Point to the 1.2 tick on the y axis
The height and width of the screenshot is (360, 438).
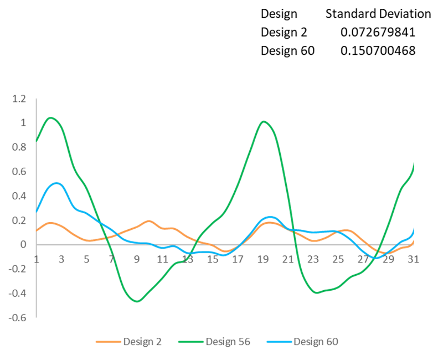pyautogui.click(x=19, y=99)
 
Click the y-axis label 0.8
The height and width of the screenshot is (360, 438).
pyautogui.click(x=19, y=147)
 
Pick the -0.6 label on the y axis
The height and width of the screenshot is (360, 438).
pyautogui.click(x=17, y=317)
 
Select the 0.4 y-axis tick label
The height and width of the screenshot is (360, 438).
pyautogui.click(x=19, y=196)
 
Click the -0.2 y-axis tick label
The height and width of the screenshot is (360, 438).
pyautogui.click(x=17, y=269)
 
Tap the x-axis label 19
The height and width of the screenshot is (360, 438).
pyautogui.click(x=262, y=259)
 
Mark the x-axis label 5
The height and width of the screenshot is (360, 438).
pyautogui.click(x=86, y=259)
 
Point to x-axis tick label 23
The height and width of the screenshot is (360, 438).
pyautogui.click(x=313, y=259)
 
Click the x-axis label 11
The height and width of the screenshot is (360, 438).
pyautogui.click(x=162, y=259)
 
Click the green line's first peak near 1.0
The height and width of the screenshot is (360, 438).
pyautogui.click(x=51, y=117)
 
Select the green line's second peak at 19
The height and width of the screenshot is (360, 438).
pyautogui.click(x=264, y=121)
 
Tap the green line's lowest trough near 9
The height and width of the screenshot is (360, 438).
pyautogui.click(x=137, y=301)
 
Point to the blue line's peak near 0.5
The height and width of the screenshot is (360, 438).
pyautogui.click(x=56, y=183)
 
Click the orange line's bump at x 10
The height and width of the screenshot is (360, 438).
pyautogui.click(x=149, y=220)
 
